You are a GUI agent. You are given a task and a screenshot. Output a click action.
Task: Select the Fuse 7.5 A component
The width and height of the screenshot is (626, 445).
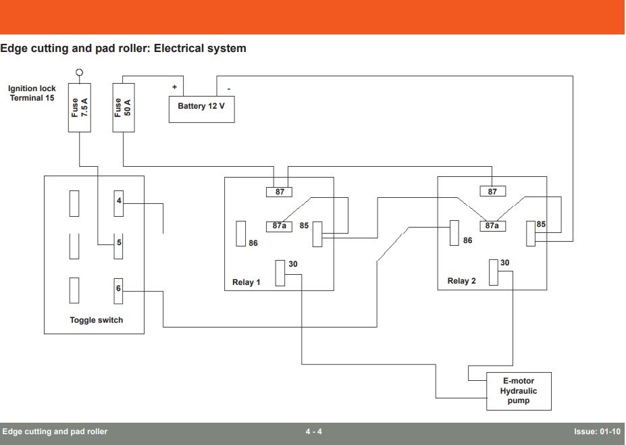coord(80,107)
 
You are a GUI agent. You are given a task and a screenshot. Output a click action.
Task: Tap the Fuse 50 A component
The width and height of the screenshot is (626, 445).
coord(123,107)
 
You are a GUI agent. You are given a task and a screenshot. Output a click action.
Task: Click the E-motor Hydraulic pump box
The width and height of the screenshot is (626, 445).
coord(519,391)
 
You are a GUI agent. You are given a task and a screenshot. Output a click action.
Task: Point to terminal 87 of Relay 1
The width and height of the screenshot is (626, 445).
coord(280,192)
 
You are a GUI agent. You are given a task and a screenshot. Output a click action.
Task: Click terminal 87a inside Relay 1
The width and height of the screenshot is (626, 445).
coord(280,226)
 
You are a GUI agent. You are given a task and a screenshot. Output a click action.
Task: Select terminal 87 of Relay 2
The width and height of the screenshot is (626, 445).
coord(492,192)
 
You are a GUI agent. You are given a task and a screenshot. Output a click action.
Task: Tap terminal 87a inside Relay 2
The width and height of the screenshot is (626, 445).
coord(492,226)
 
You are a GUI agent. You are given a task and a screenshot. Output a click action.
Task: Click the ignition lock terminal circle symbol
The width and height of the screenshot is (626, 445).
coord(79,72)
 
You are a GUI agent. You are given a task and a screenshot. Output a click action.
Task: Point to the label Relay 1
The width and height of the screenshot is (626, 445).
coord(246,282)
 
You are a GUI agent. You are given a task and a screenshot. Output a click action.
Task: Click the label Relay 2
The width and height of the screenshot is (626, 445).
coord(461,281)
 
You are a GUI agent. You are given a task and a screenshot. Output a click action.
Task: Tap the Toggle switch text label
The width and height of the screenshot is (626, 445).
coord(97,320)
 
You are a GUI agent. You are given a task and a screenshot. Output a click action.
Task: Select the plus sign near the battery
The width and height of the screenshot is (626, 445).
coord(174,87)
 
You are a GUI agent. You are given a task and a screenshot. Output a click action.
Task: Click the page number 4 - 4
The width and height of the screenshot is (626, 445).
coord(313,431)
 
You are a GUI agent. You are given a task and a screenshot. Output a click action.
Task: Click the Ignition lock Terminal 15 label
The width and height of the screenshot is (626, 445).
coord(32,93)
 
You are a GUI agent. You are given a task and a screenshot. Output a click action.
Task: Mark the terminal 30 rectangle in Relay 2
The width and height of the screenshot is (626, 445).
coord(493,271)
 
